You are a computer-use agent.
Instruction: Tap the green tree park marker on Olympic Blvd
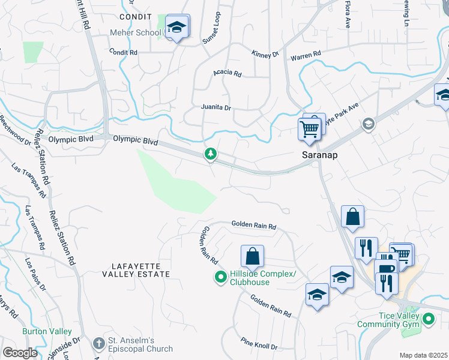click(211, 155)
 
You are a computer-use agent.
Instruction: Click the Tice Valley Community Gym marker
click(429, 320)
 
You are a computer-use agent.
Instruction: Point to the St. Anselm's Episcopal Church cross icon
click(99, 344)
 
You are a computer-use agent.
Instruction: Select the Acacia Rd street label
click(228, 74)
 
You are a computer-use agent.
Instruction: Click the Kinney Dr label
click(266, 54)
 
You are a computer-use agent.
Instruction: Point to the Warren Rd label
click(306, 55)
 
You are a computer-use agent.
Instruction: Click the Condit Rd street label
click(123, 52)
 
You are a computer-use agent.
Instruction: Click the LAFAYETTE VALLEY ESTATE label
click(140, 269)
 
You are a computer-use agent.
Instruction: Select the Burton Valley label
click(47, 331)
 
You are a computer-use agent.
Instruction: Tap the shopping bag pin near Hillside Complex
click(253, 257)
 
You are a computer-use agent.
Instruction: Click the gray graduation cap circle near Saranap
click(367, 124)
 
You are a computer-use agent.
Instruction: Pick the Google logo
click(20, 353)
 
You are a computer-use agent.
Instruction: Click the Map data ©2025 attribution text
click(423, 355)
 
